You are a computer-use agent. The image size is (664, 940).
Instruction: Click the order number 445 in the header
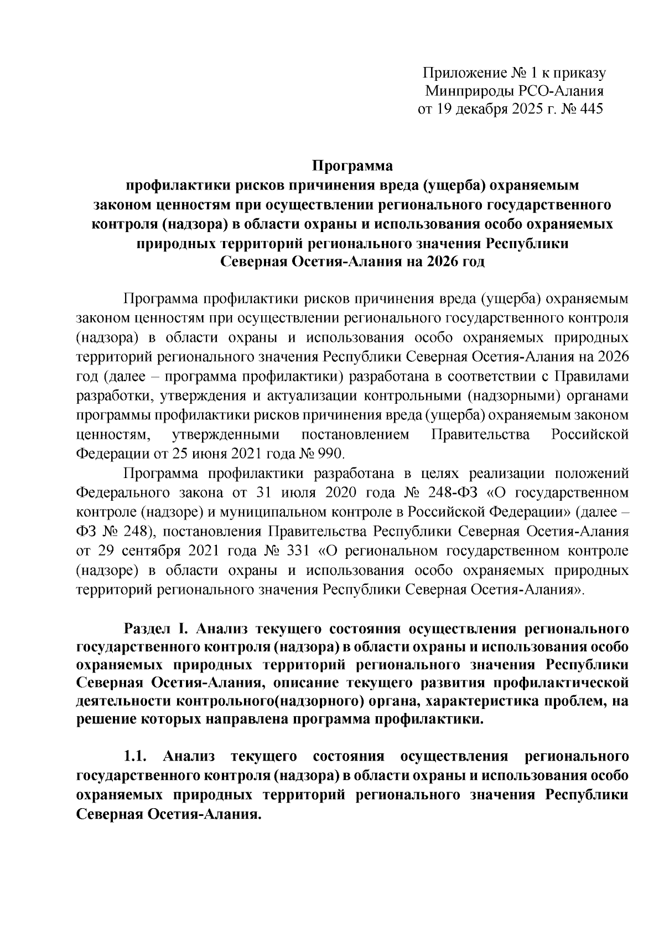590,109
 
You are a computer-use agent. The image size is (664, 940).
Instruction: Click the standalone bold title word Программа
352,166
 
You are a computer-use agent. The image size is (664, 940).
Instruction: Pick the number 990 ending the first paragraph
332,454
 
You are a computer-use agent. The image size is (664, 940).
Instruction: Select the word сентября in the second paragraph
161,551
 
